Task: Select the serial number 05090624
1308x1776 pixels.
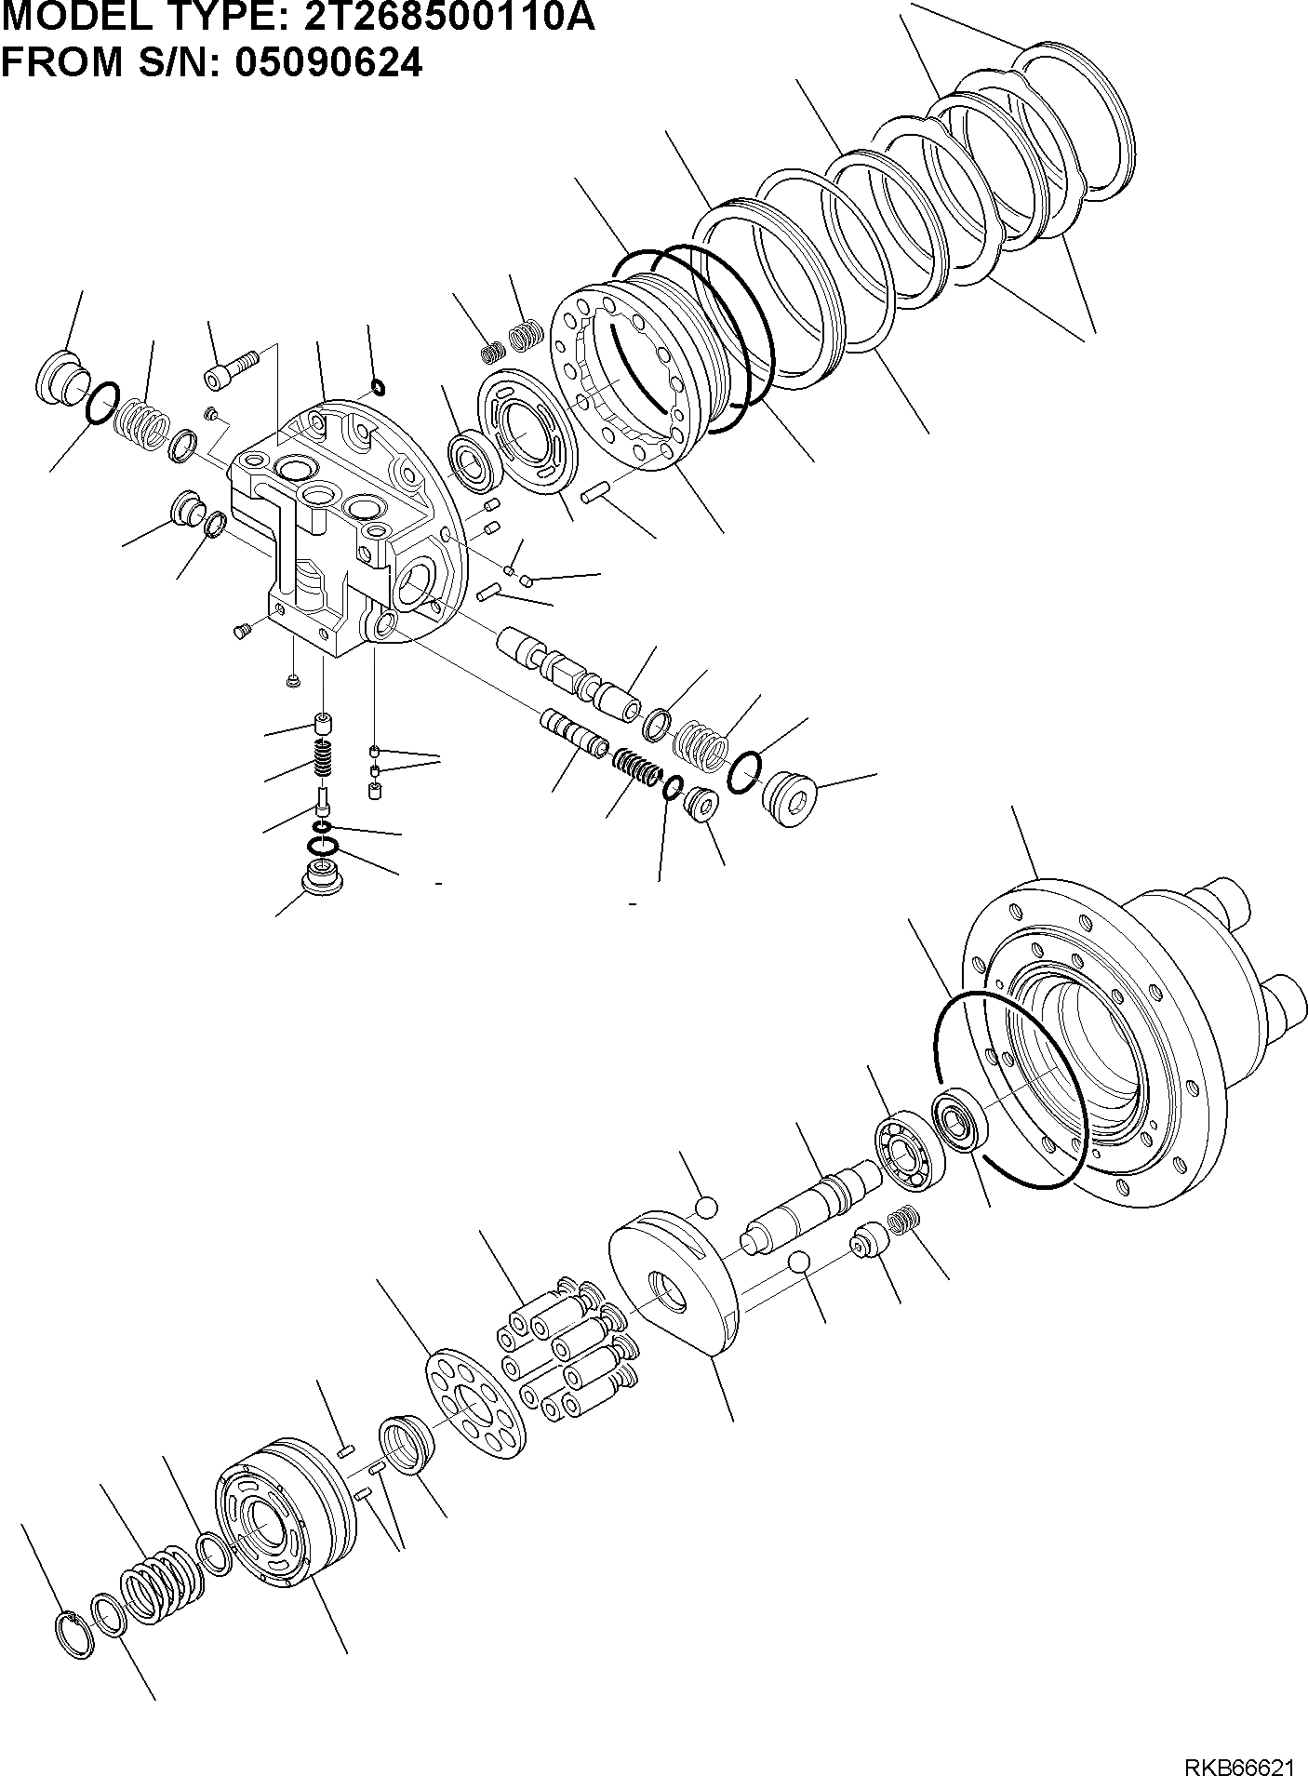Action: coord(328,63)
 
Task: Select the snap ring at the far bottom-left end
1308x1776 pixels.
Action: coord(73,1636)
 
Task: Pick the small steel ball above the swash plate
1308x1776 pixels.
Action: coord(708,1207)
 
